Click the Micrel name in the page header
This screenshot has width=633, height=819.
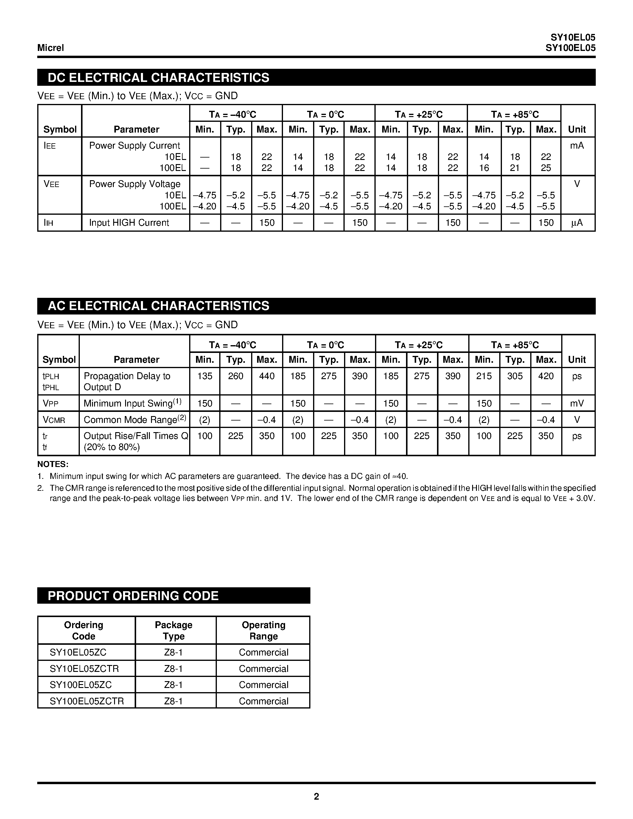pyautogui.click(x=51, y=48)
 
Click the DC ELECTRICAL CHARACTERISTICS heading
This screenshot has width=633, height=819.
pyautogui.click(x=158, y=78)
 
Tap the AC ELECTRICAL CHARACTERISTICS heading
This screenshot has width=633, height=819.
pyautogui.click(x=158, y=306)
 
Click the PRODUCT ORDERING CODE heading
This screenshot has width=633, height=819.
pyautogui.click(x=133, y=596)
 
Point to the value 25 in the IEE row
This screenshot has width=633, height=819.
pyautogui.click(x=546, y=168)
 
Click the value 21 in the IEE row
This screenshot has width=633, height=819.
pyautogui.click(x=515, y=168)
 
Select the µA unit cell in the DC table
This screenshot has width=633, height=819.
pyautogui.click(x=577, y=223)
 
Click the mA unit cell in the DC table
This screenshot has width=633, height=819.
pyautogui.click(x=577, y=146)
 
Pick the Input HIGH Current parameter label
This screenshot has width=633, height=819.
pyautogui.click(x=129, y=223)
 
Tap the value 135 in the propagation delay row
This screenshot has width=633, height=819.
pyautogui.click(x=205, y=376)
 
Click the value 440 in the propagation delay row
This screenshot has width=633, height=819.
pyautogui.click(x=267, y=376)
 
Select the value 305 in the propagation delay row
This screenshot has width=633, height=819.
pyautogui.click(x=515, y=376)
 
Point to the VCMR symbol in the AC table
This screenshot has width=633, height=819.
pyautogui.click(x=54, y=420)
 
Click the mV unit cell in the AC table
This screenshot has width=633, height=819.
pyautogui.click(x=577, y=404)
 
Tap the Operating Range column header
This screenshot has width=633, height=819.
pyautogui.click(x=263, y=630)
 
